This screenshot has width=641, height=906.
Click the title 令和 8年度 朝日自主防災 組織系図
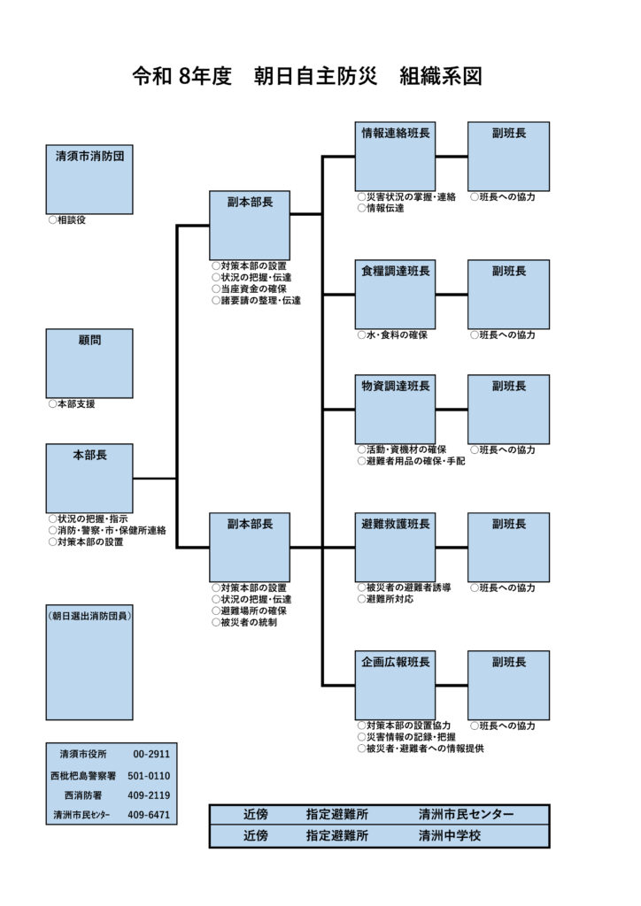[x=307, y=76]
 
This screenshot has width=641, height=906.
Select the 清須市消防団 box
[x=89, y=180]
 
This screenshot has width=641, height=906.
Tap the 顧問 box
[x=89, y=364]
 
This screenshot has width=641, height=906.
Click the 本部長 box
[x=89, y=478]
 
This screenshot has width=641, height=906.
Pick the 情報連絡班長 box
[x=395, y=156]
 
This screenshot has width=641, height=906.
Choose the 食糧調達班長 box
[x=395, y=294]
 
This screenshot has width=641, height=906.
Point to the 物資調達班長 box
[x=395, y=409]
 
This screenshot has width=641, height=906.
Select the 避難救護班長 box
[x=395, y=547]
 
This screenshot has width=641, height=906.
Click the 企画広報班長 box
[x=395, y=685]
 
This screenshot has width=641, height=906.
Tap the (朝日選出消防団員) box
[x=89, y=663]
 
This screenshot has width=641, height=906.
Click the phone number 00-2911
[x=151, y=755]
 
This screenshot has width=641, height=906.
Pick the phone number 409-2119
[x=149, y=795]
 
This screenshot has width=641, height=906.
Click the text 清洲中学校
[x=450, y=835]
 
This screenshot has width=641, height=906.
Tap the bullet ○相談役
[x=67, y=219]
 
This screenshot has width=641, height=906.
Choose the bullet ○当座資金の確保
[x=250, y=288]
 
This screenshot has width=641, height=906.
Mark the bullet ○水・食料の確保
[x=392, y=335]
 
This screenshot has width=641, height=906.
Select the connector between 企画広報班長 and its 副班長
[x=452, y=685]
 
